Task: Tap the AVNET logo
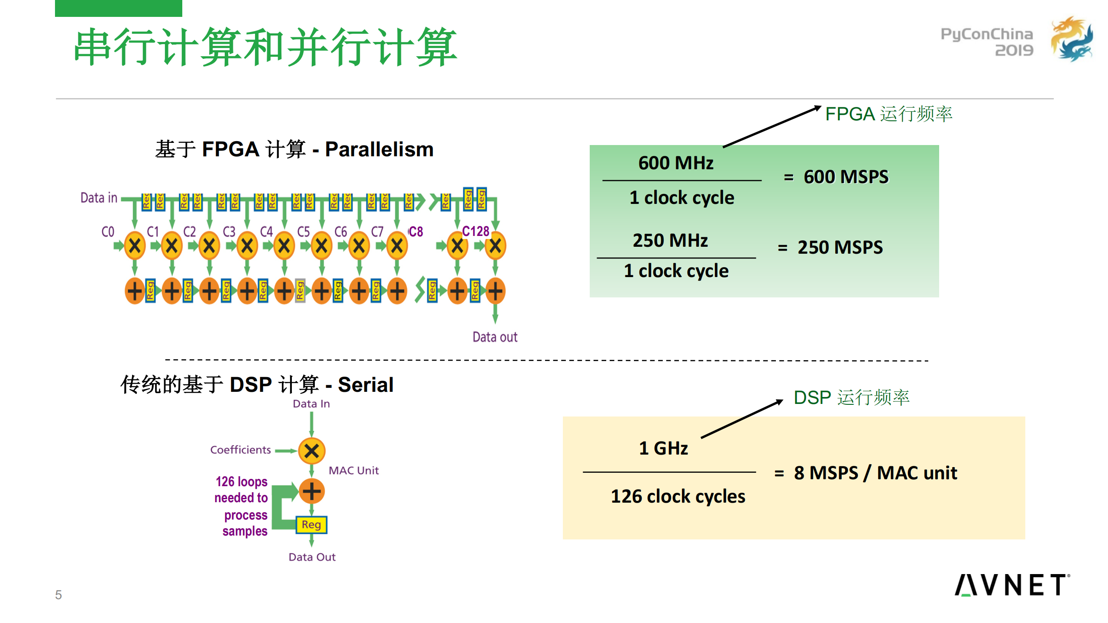1012,585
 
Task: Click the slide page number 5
58,595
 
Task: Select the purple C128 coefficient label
475,232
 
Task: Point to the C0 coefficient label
108,232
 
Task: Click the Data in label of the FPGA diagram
99,198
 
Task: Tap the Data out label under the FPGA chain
495,337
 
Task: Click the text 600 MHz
675,163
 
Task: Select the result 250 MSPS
840,248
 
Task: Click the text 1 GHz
663,448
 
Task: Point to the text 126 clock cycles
678,496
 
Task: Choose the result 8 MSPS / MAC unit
875,473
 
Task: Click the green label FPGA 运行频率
888,114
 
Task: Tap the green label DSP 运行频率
851,397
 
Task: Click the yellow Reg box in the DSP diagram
311,525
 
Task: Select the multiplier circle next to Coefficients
312,451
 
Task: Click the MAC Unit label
353,471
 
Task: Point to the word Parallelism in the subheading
379,149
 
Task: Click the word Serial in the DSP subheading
365,384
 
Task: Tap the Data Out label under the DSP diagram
312,557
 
